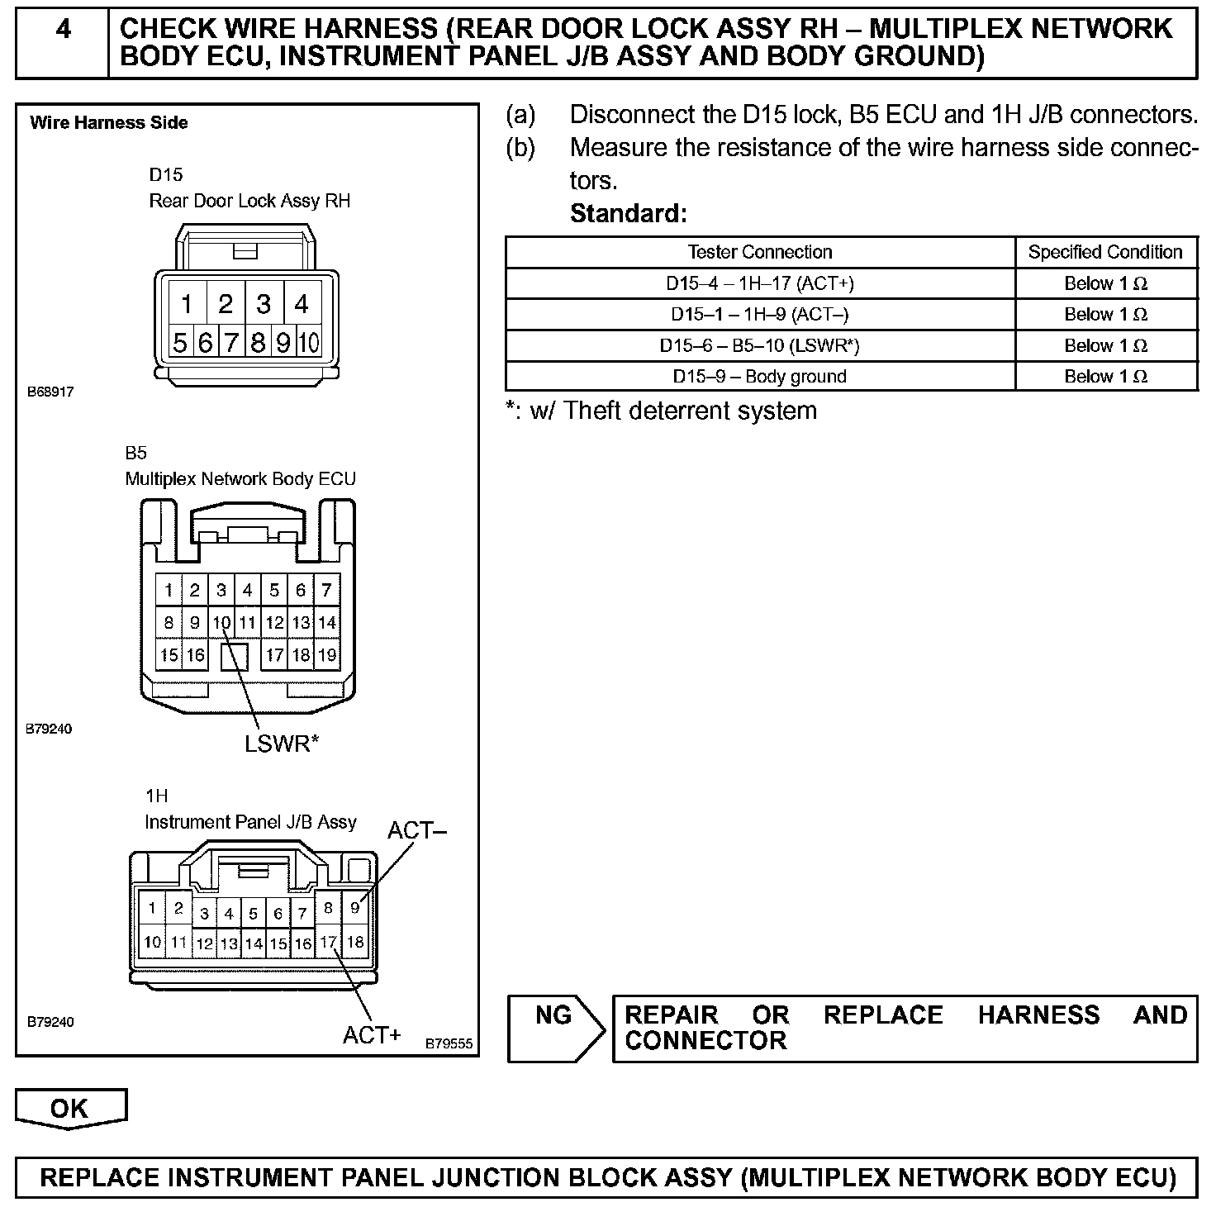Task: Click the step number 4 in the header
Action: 63,31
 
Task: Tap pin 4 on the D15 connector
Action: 302,304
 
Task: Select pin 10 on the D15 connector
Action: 308,342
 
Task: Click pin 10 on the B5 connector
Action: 221,623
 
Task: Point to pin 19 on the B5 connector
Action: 327,655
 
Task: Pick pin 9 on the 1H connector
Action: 354,908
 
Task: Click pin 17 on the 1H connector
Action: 328,942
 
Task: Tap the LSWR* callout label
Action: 282,744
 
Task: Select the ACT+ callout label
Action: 372,1034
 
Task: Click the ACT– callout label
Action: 417,830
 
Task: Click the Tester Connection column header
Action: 760,252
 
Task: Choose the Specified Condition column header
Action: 1105,252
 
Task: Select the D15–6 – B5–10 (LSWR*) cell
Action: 760,345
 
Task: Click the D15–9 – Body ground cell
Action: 760,377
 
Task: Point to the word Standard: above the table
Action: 629,213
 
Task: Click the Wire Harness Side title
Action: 109,123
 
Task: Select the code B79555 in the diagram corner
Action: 449,1043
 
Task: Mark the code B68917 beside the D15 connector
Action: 51,392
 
